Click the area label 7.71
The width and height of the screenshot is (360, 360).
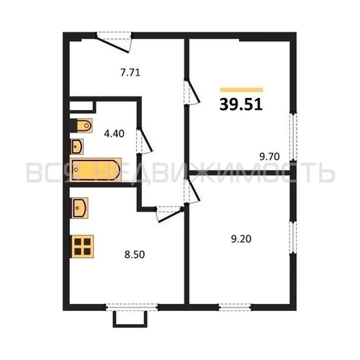(x=131, y=71)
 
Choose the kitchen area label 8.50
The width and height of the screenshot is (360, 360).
(x=131, y=253)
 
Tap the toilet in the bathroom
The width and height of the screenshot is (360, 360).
(x=83, y=125)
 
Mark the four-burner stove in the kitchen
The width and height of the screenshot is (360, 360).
(x=83, y=246)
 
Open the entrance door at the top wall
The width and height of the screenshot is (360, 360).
(x=113, y=40)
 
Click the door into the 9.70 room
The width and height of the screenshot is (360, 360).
(x=190, y=92)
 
